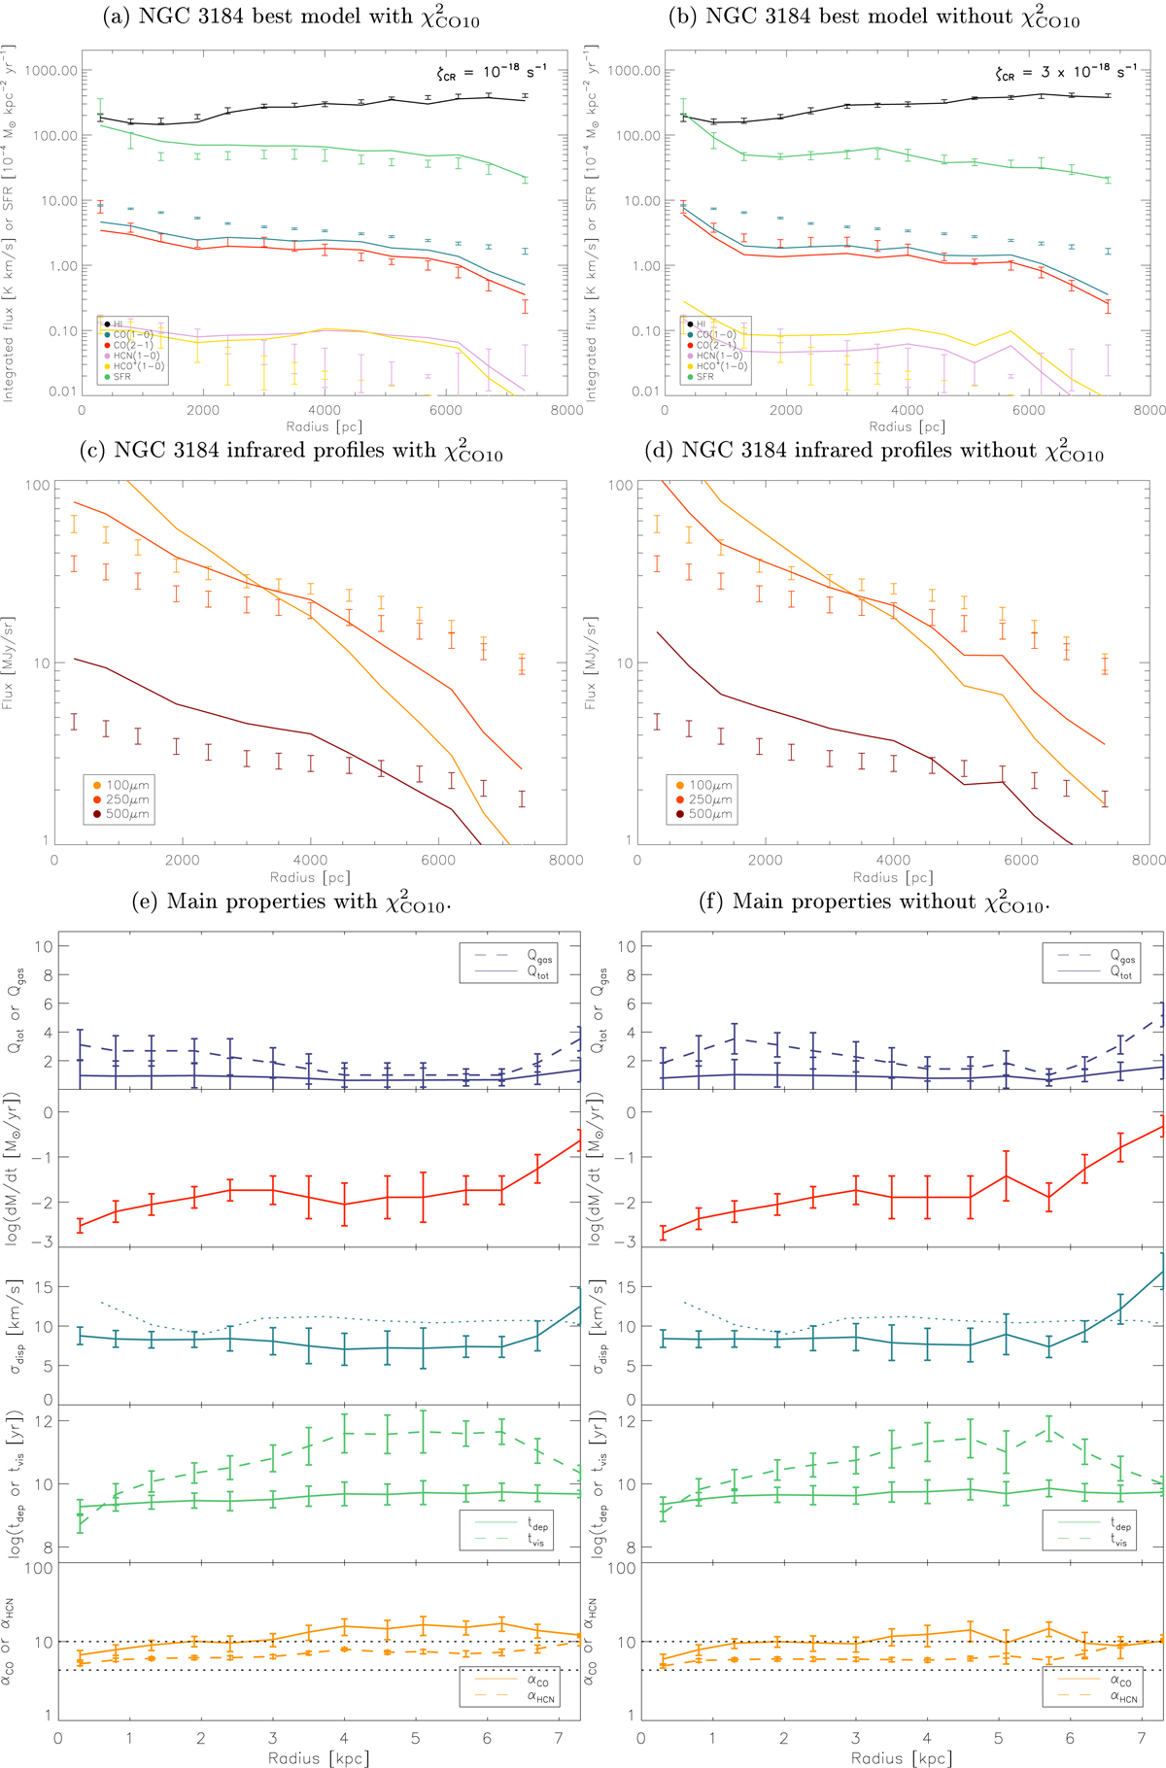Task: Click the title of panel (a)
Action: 291,17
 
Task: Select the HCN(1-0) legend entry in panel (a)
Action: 136,356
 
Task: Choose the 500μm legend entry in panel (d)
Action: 710,814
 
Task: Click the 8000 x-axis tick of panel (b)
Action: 1149,410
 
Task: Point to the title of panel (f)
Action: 874,902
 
